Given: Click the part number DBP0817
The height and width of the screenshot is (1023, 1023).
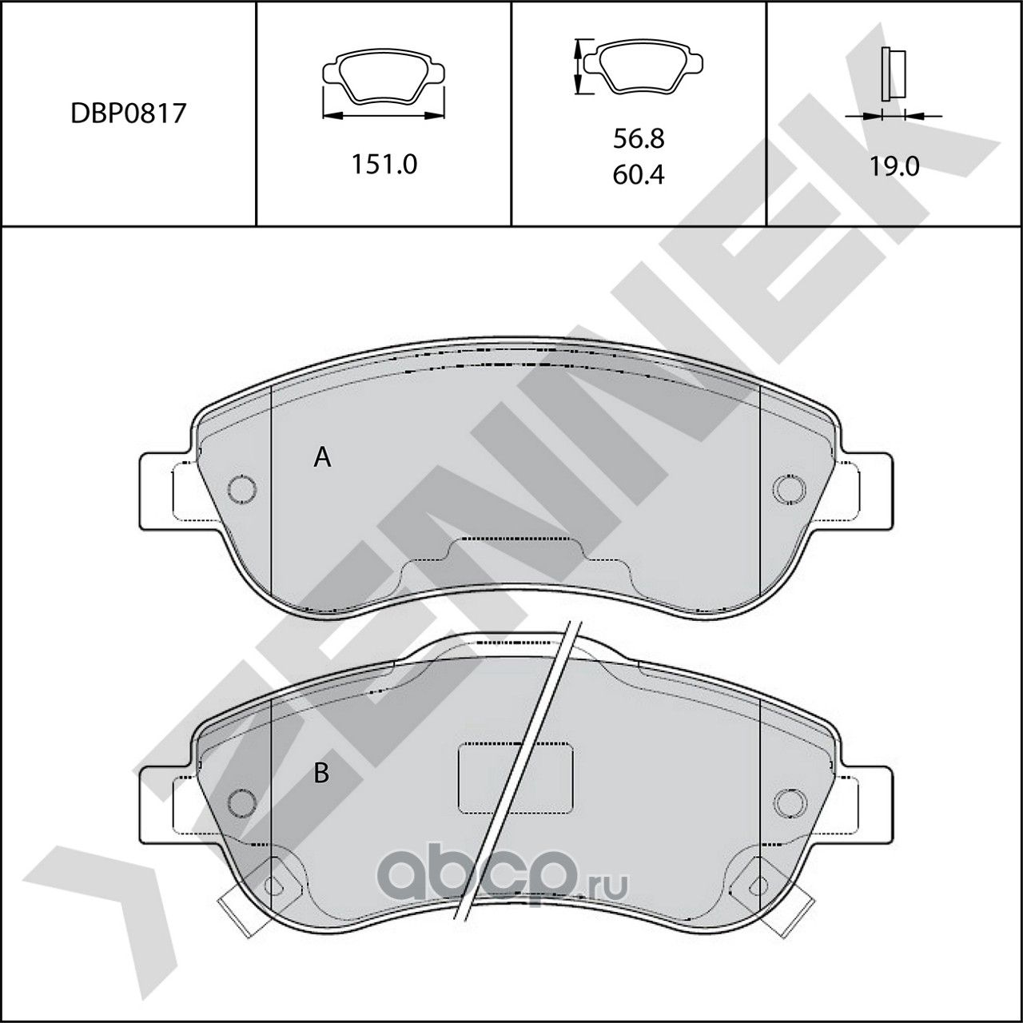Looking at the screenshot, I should tap(128, 113).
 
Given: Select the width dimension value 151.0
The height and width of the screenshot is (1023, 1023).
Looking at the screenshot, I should tap(384, 165).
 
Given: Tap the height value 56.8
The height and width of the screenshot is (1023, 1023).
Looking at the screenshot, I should tap(639, 139).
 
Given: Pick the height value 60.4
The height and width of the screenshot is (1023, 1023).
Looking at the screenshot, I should tap(639, 174).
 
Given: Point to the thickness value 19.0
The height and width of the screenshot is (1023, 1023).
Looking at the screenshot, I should tap(894, 166).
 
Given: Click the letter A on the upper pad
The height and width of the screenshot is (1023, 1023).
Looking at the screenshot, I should tap(322, 457).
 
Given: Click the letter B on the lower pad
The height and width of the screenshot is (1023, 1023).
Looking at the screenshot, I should tap(321, 774).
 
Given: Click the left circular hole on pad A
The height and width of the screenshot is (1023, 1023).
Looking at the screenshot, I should tap(241, 488).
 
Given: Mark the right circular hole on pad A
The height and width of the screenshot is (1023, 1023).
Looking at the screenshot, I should tap(788, 488).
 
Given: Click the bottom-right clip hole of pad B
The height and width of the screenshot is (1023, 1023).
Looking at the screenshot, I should tap(754, 884).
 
